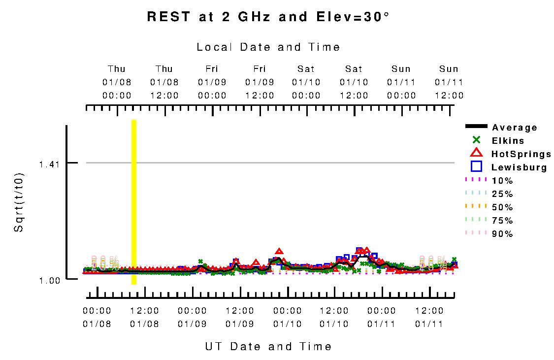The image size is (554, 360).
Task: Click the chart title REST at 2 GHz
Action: click(x=268, y=17)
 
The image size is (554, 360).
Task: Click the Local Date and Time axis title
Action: click(x=268, y=47)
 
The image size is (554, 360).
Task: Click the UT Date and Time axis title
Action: click(x=268, y=347)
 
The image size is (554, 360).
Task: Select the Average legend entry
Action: click(x=514, y=128)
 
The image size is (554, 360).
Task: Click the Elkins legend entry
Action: click(x=508, y=141)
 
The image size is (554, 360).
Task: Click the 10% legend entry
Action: click(x=502, y=181)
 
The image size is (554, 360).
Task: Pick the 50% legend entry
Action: click(x=502, y=207)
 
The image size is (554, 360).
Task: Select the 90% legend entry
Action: click(x=502, y=234)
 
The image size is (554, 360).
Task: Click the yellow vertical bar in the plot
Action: click(x=134, y=202)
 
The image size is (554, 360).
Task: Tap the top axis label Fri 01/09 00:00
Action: click(x=212, y=82)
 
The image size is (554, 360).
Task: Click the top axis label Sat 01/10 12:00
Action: click(x=354, y=82)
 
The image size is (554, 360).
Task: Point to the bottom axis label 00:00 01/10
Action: click(x=288, y=317)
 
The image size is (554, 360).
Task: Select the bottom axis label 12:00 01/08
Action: click(x=144, y=317)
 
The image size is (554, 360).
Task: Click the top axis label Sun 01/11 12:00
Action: click(x=449, y=82)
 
